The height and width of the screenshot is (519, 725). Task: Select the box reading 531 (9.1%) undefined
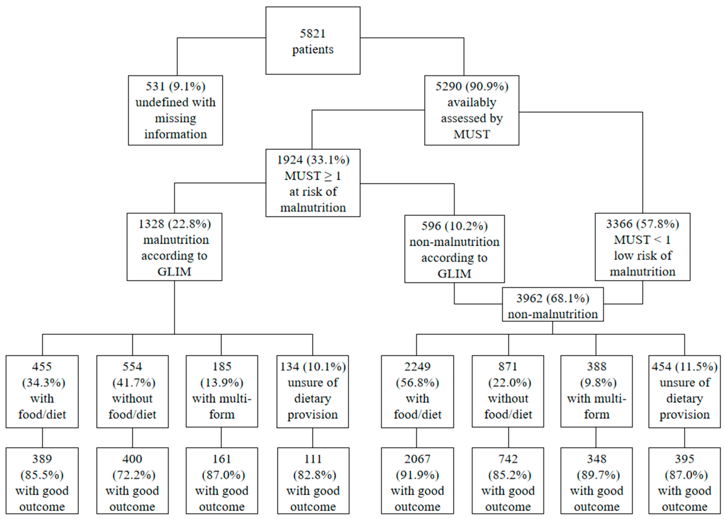[175, 110]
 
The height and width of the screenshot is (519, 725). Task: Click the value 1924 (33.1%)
[313, 160]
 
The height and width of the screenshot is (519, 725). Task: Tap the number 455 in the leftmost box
[42, 367]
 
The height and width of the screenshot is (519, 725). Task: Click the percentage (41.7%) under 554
[133, 383]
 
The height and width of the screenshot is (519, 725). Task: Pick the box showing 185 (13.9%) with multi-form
[222, 391]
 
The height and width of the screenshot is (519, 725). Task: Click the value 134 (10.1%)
[313, 367]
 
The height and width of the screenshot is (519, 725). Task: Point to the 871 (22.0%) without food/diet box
[508, 391]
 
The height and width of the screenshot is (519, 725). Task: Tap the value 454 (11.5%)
[684, 367]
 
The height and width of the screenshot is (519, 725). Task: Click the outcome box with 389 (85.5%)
[42, 480]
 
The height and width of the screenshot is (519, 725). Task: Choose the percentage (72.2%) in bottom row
[133, 475]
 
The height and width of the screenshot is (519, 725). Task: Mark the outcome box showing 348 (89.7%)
[596, 480]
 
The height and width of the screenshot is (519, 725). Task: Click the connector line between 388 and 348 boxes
[596, 437]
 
